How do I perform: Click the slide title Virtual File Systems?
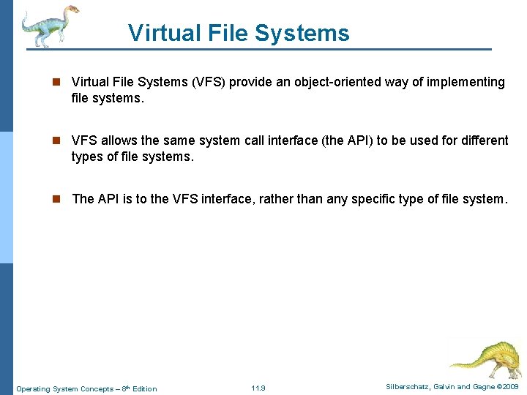pyautogui.click(x=239, y=33)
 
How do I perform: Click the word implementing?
pyautogui.click(x=466, y=82)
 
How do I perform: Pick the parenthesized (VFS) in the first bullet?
pyautogui.click(x=209, y=82)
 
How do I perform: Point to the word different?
pyautogui.click(x=482, y=140)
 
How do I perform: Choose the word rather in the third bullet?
pyautogui.click(x=298, y=199)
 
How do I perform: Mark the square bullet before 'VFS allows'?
pyautogui.click(x=59, y=140)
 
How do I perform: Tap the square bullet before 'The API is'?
pyautogui.click(x=59, y=199)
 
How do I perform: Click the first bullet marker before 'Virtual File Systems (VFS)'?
pyautogui.click(x=59, y=82)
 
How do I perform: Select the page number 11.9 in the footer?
pyautogui.click(x=258, y=388)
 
